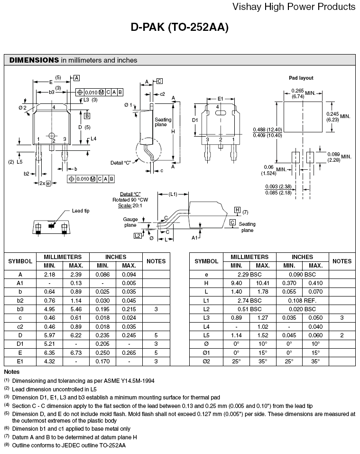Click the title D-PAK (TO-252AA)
(x=180, y=28)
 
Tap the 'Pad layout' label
(x=301, y=78)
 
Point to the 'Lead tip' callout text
(x=81, y=211)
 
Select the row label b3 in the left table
(x=20, y=308)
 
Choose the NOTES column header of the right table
(x=342, y=261)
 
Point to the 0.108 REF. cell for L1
(x=303, y=300)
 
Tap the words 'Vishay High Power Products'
(x=294, y=7)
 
